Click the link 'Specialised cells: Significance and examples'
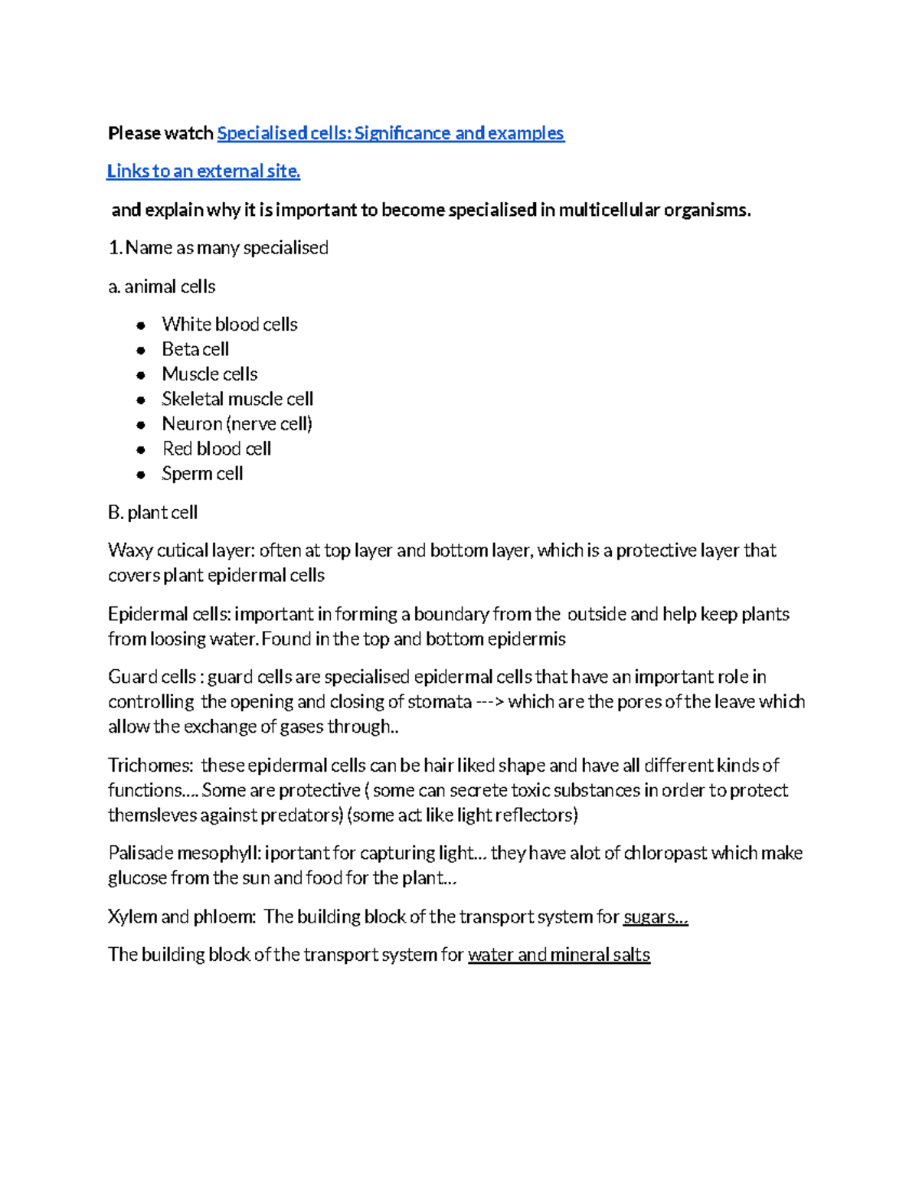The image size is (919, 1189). (x=391, y=133)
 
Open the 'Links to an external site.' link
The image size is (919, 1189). (x=203, y=171)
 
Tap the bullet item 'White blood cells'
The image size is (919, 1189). (x=229, y=325)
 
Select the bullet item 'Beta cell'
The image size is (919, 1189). (x=195, y=349)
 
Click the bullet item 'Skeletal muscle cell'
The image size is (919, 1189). (x=237, y=399)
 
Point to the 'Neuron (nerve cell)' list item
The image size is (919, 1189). (x=237, y=424)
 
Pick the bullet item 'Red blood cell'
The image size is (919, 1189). (x=217, y=449)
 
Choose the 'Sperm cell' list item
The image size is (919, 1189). (x=202, y=474)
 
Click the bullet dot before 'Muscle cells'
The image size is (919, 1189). (x=141, y=375)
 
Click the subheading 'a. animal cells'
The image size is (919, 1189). (x=162, y=286)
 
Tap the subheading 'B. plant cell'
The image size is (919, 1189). (x=153, y=512)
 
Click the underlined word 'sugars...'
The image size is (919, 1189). (x=656, y=916)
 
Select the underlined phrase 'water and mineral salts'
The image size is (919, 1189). (x=559, y=955)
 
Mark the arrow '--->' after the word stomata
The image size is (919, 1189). (x=489, y=702)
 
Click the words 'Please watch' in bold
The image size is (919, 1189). (x=160, y=133)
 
